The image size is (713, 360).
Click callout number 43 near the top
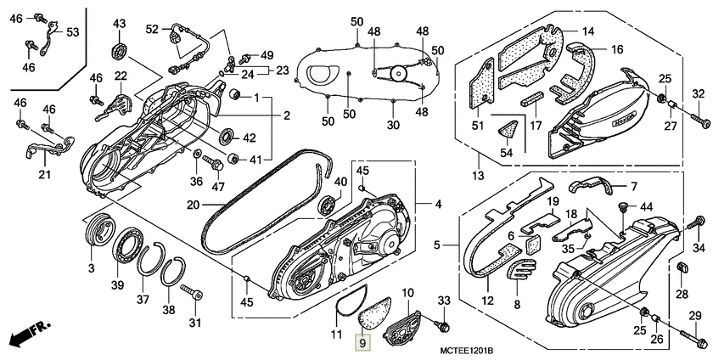pos(118,23)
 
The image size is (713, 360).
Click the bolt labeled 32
pos(702,124)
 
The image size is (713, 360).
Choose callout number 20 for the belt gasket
pos(193,204)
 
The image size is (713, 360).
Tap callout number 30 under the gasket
pos(393,125)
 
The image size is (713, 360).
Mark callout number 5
pos(437,245)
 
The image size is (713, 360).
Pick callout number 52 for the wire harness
pos(152,29)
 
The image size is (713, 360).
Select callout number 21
pos(44,175)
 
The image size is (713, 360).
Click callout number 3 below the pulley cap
pos(92,268)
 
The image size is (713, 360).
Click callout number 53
pos(72,32)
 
